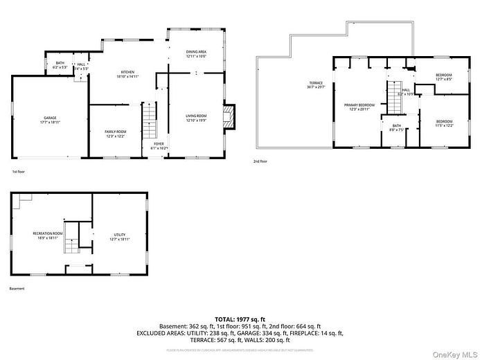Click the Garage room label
click(x=50, y=120)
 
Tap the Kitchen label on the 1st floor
click(x=127, y=74)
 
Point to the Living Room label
click(x=196, y=117)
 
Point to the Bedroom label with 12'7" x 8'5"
click(x=444, y=76)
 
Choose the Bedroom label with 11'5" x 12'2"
click(x=444, y=123)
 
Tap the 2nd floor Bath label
click(x=397, y=127)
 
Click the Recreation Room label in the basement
click(x=48, y=235)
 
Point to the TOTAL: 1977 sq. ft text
click(x=240, y=319)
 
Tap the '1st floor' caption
click(x=19, y=171)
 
